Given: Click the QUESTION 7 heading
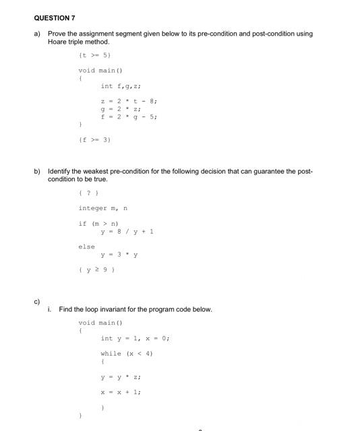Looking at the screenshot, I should click(56, 18).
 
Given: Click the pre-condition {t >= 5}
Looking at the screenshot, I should click(94, 55).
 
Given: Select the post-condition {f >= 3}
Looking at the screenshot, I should click(94, 139).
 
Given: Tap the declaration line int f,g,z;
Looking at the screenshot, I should click(120, 86).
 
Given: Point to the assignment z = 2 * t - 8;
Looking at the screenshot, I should click(129, 101).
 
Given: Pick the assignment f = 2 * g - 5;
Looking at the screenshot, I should click(129, 116).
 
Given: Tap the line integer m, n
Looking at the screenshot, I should click(102, 209).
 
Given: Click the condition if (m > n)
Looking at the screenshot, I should click(98, 224).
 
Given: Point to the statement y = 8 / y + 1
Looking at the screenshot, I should click(127, 231).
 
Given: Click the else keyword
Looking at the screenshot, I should click(86, 246).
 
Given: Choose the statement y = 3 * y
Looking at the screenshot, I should click(119, 255).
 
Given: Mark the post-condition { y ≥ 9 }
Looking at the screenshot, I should click(97, 269).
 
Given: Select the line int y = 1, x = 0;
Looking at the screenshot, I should click(135, 338).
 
